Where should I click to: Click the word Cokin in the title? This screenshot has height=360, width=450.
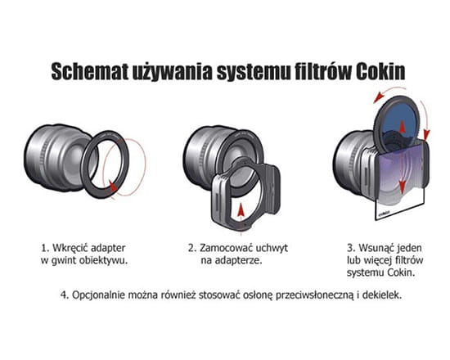point(380,71)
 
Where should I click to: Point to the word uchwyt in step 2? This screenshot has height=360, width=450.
point(271,248)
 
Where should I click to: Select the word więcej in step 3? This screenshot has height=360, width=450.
point(376,260)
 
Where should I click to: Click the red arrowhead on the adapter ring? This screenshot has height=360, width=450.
point(114,186)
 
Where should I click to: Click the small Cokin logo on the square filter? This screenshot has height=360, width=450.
point(385,213)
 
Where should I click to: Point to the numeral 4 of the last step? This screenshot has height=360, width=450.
point(64,295)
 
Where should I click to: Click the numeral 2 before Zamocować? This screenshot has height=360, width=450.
point(192,248)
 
